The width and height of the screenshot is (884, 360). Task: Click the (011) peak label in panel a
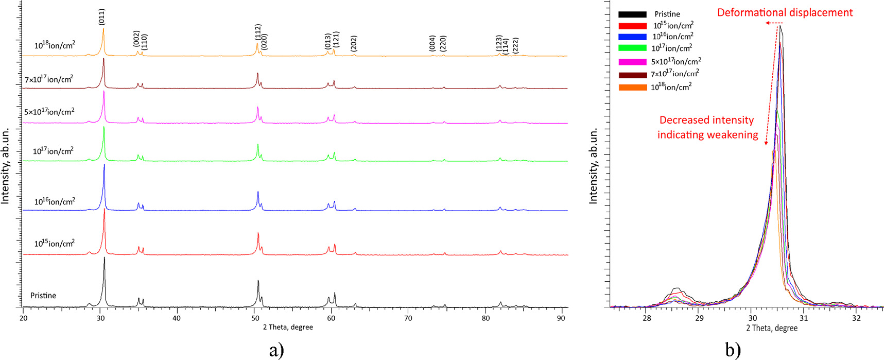(102, 17)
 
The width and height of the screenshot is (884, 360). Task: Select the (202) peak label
(354, 44)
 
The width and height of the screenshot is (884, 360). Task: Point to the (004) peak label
(432, 43)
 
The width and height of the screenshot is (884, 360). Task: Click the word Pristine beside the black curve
(43, 296)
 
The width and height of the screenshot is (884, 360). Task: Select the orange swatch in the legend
(632, 88)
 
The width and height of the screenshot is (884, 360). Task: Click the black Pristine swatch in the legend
(632, 14)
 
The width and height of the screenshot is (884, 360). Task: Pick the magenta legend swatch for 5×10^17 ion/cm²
(632, 62)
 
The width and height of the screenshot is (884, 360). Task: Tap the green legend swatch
(632, 48)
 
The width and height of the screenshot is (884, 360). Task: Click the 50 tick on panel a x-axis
(254, 318)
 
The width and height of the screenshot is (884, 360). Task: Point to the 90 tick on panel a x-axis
(562, 318)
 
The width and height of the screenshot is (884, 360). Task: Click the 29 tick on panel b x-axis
(699, 318)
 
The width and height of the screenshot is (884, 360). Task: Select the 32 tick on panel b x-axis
(856, 318)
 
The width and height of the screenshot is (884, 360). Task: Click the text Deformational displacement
(785, 12)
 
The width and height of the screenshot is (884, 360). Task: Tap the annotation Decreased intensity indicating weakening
(707, 127)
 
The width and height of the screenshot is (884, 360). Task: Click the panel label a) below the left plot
(276, 351)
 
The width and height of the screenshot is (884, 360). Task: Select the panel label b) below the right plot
(733, 351)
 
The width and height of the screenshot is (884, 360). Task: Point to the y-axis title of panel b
(593, 166)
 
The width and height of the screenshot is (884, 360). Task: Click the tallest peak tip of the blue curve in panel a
(105, 165)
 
